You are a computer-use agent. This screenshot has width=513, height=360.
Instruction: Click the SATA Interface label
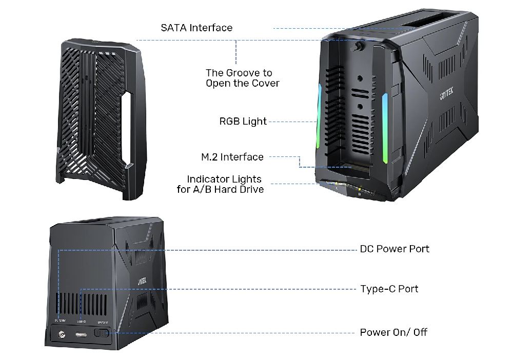196,28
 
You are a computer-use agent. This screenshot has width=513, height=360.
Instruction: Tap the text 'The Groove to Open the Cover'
242,78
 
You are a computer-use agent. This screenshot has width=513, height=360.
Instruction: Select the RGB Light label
243,122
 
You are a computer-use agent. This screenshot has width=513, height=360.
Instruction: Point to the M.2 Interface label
232,157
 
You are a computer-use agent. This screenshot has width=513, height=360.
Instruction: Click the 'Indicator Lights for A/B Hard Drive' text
224,184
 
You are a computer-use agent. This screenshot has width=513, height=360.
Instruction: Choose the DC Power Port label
394,249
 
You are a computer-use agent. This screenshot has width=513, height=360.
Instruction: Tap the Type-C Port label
389,289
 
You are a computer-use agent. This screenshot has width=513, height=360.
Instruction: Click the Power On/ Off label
393,332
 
